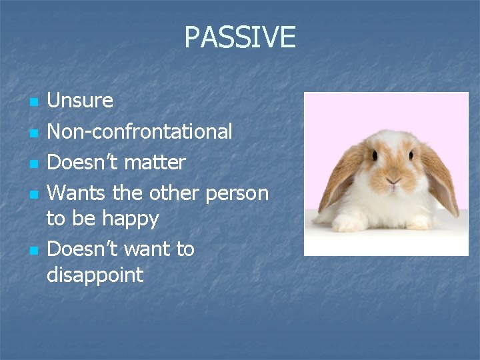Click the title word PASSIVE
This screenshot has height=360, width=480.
[239, 37]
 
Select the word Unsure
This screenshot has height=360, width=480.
[80, 101]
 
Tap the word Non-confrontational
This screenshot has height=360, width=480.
[139, 132]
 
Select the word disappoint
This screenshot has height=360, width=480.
[95, 275]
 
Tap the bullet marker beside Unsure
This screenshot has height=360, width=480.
[33, 102]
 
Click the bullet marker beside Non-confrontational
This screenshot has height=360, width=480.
[33, 133]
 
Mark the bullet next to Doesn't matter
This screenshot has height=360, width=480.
[33, 163]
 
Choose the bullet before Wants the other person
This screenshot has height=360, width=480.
[33, 194]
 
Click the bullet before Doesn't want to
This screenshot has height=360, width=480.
[33, 250]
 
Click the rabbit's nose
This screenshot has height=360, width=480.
[394, 181]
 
